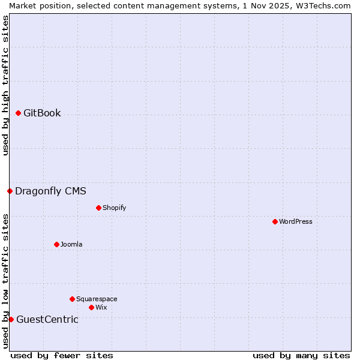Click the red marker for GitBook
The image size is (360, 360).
point(18,113)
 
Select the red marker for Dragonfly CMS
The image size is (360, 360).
point(10,191)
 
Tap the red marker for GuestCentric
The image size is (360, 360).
point(11,319)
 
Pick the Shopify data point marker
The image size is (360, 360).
point(98,208)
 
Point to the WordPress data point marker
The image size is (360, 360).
point(275,222)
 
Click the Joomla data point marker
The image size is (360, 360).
point(56,244)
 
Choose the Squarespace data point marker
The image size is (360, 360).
point(72,299)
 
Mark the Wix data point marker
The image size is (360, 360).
point(91,307)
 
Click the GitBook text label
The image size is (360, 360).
point(42,113)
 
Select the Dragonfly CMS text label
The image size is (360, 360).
point(50,191)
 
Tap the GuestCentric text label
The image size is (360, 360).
point(47,319)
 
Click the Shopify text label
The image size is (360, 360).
point(114,208)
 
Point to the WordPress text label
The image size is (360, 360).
point(296,222)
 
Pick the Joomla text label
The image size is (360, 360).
point(71,244)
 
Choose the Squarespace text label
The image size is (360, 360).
point(97,299)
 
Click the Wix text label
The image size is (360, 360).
point(101,307)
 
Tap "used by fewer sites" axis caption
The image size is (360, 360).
point(62,355)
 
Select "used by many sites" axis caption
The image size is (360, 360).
point(301,355)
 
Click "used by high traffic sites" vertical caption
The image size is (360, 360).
point(5,85)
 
